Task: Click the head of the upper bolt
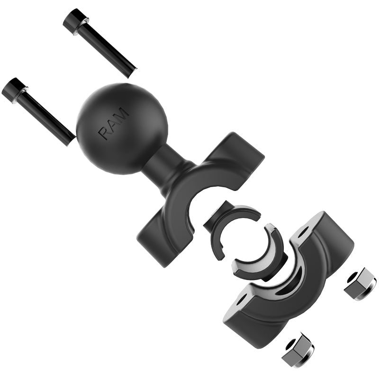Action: (73, 20)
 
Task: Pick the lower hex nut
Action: (297, 351)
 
